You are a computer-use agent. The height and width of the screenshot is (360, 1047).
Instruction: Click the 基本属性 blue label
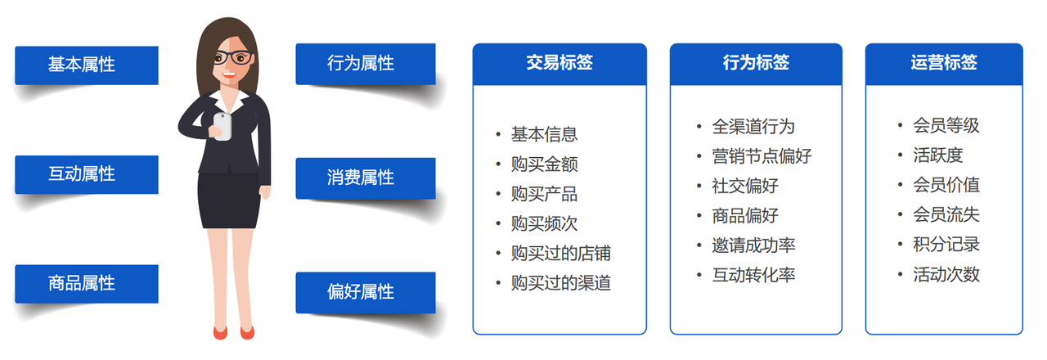coord(87,65)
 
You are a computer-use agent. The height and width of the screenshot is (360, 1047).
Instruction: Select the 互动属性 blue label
coord(87,174)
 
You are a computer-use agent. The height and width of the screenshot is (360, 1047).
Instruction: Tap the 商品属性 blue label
coord(87,284)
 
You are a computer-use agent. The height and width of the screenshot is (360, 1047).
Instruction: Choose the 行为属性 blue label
coord(366,64)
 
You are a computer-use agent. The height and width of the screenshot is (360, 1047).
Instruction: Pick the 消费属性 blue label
coord(366,178)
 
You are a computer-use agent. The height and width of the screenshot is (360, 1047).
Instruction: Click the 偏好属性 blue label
coord(366,293)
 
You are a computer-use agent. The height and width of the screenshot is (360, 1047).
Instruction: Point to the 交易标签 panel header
coord(559,64)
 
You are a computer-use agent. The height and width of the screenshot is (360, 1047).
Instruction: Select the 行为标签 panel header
coord(756,64)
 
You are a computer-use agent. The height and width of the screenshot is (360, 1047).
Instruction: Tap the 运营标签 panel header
coord(944,64)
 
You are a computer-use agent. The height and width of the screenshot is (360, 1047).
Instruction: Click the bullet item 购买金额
coord(544,164)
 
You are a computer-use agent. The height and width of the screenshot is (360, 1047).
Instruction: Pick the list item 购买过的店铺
coord(561,254)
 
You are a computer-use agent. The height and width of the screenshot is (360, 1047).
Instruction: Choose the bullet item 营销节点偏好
coord(762,156)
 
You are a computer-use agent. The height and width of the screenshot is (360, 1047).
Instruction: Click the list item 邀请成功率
coord(753,245)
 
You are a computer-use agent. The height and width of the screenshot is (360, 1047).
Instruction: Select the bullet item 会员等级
coord(946,126)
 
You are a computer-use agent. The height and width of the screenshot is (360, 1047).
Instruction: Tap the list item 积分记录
coord(946,245)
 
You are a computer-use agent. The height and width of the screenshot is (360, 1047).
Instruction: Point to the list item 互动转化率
coord(753,275)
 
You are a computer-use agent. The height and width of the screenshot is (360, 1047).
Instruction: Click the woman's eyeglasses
coord(234,57)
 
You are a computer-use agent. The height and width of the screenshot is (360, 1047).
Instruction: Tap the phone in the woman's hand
coord(222,126)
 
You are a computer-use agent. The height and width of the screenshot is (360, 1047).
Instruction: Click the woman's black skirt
coord(228,200)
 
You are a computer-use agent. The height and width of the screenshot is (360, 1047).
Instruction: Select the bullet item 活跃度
coord(937,155)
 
